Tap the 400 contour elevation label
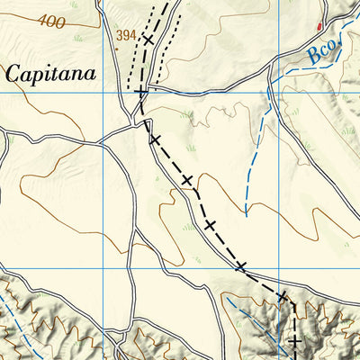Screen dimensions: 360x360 click(52, 21)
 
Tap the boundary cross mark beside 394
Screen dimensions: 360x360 click(148, 40)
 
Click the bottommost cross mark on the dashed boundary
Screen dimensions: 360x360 click(294, 341)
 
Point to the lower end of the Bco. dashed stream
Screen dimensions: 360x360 click(245, 214)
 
